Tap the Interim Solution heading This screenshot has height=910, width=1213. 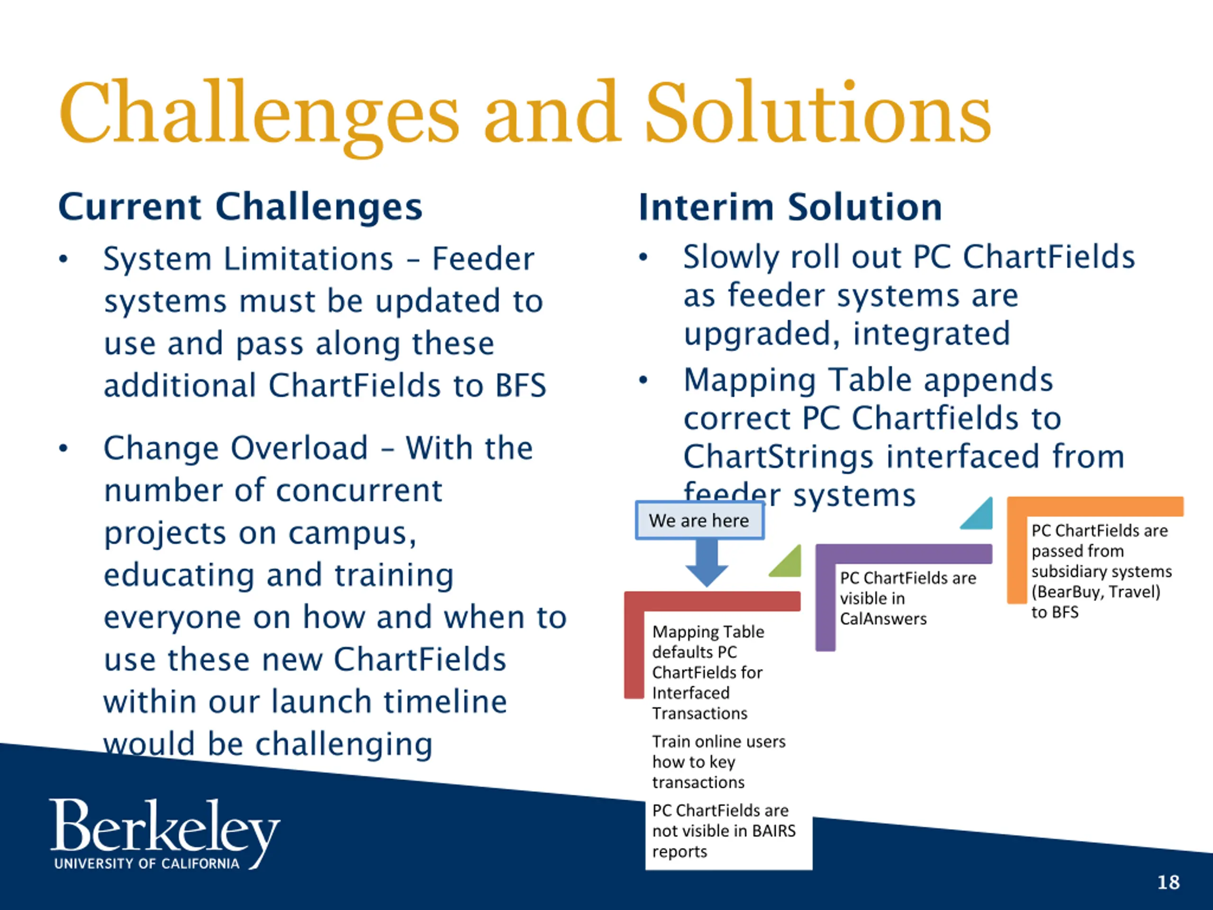tap(790, 207)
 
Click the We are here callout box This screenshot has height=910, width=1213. tap(700, 520)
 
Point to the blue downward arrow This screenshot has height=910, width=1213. tap(707, 563)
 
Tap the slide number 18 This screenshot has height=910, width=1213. tap(1168, 882)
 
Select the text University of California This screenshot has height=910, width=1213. tap(147, 864)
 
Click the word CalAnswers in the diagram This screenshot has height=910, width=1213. tap(883, 619)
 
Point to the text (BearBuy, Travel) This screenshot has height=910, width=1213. tap(1095, 592)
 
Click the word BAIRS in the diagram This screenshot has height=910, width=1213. tap(774, 830)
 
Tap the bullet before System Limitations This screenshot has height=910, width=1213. tap(63, 259)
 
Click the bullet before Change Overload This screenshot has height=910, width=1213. tap(63, 448)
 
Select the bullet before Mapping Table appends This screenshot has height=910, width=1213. tap(643, 380)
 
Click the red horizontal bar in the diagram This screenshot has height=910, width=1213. tap(712, 601)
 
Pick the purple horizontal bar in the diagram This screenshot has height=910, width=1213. tap(904, 554)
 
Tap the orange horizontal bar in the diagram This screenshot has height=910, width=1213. tap(1095, 506)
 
